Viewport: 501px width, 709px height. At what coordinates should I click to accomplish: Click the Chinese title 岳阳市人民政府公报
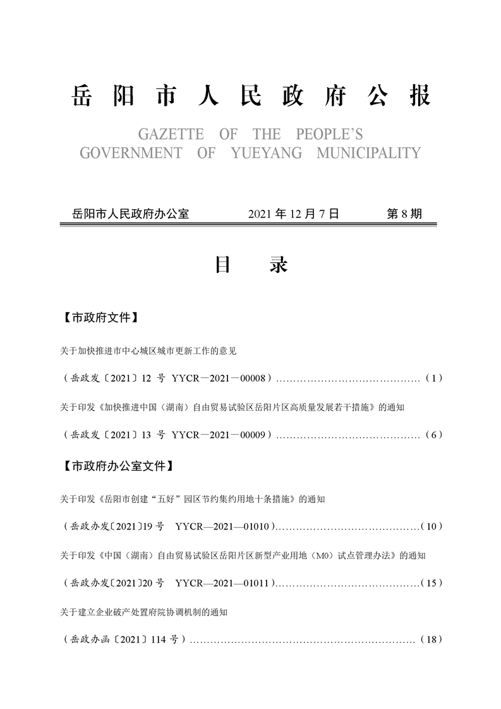coord(251,96)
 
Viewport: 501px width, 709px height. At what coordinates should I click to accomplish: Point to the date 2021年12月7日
coord(294,214)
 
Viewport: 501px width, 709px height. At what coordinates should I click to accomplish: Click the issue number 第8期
coord(404,214)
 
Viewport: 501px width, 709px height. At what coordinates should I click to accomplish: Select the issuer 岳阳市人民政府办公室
coord(131,214)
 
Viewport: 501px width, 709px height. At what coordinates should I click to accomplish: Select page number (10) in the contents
coord(433,526)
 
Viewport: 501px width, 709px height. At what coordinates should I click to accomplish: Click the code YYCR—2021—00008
coord(220,379)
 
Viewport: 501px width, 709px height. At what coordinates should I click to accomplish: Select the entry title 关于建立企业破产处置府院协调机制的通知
coord(143,612)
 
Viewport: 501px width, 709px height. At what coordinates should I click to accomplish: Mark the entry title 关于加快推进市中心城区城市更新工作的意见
coord(148,349)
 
